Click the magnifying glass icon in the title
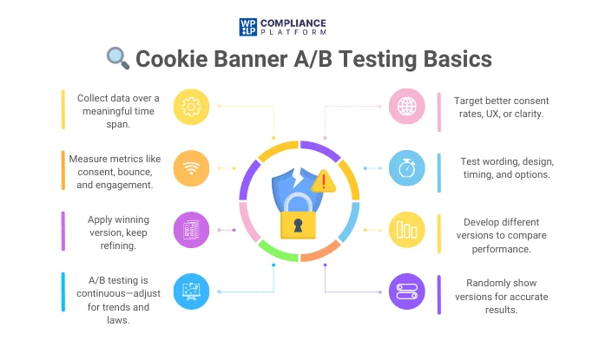click(x=118, y=58)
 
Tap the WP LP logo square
click(x=248, y=26)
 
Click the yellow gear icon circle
click(x=191, y=106)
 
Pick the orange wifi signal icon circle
click(x=191, y=167)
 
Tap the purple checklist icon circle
click(x=191, y=229)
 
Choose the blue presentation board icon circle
click(x=191, y=291)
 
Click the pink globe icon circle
click(x=405, y=106)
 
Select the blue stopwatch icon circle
click(x=405, y=167)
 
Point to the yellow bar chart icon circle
click(x=405, y=229)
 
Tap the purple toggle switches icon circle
click(x=405, y=291)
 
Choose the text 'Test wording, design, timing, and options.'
click(x=507, y=167)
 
